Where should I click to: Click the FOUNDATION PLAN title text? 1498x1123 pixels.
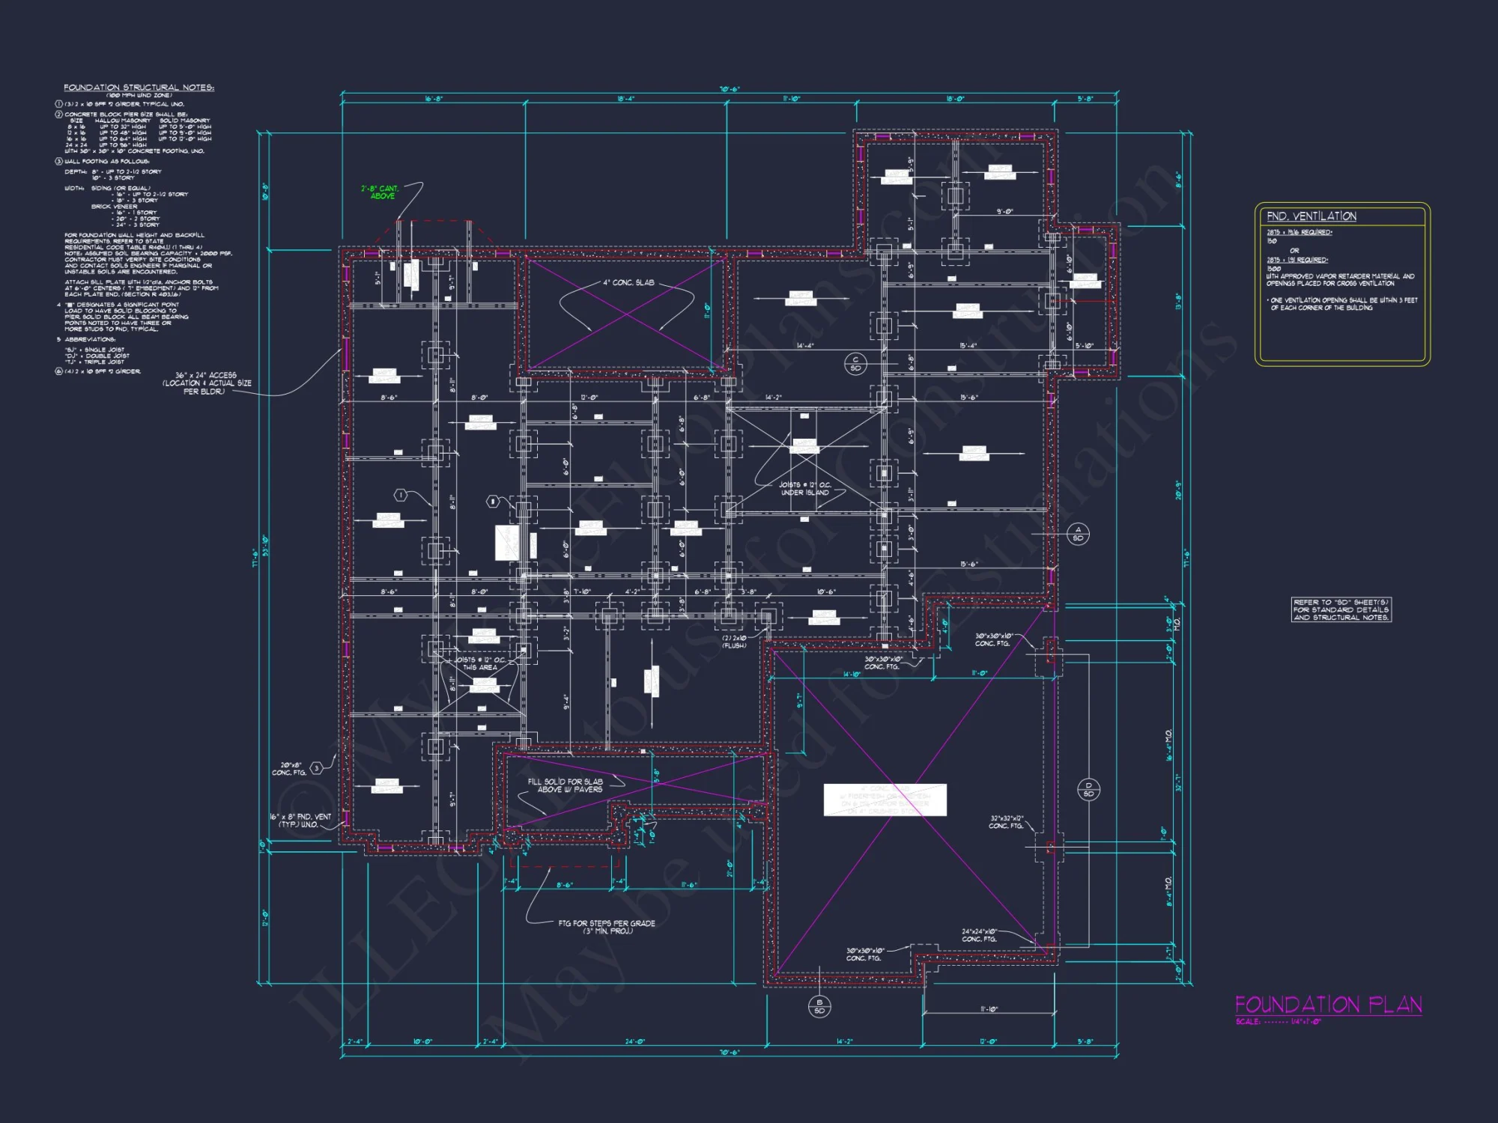tap(1328, 1005)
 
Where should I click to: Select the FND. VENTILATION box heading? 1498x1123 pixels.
tap(1311, 216)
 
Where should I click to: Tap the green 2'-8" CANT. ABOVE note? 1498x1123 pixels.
tap(380, 192)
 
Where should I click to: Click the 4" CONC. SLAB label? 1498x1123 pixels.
tap(628, 283)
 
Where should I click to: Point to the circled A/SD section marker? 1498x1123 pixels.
tap(1078, 534)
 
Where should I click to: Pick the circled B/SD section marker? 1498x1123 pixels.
tap(819, 1006)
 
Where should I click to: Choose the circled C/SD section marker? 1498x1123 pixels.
tap(855, 364)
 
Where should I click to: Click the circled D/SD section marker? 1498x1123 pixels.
tap(1088, 789)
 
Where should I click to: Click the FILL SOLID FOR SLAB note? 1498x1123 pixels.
tap(565, 785)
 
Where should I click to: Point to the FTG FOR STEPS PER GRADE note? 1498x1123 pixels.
tap(606, 927)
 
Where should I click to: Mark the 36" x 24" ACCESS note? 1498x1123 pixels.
tap(207, 383)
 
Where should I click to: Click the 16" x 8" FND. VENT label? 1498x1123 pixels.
tap(300, 821)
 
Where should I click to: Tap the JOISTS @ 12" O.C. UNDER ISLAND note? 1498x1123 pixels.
tap(804, 488)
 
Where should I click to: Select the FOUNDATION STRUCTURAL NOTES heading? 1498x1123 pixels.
tap(139, 88)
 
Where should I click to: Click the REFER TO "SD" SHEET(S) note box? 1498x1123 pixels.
tap(1341, 609)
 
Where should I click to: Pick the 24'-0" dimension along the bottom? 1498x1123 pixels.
tap(634, 1041)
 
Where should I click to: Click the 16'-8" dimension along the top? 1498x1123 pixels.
tap(433, 99)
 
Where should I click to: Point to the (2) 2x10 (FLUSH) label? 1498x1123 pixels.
tap(734, 642)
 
